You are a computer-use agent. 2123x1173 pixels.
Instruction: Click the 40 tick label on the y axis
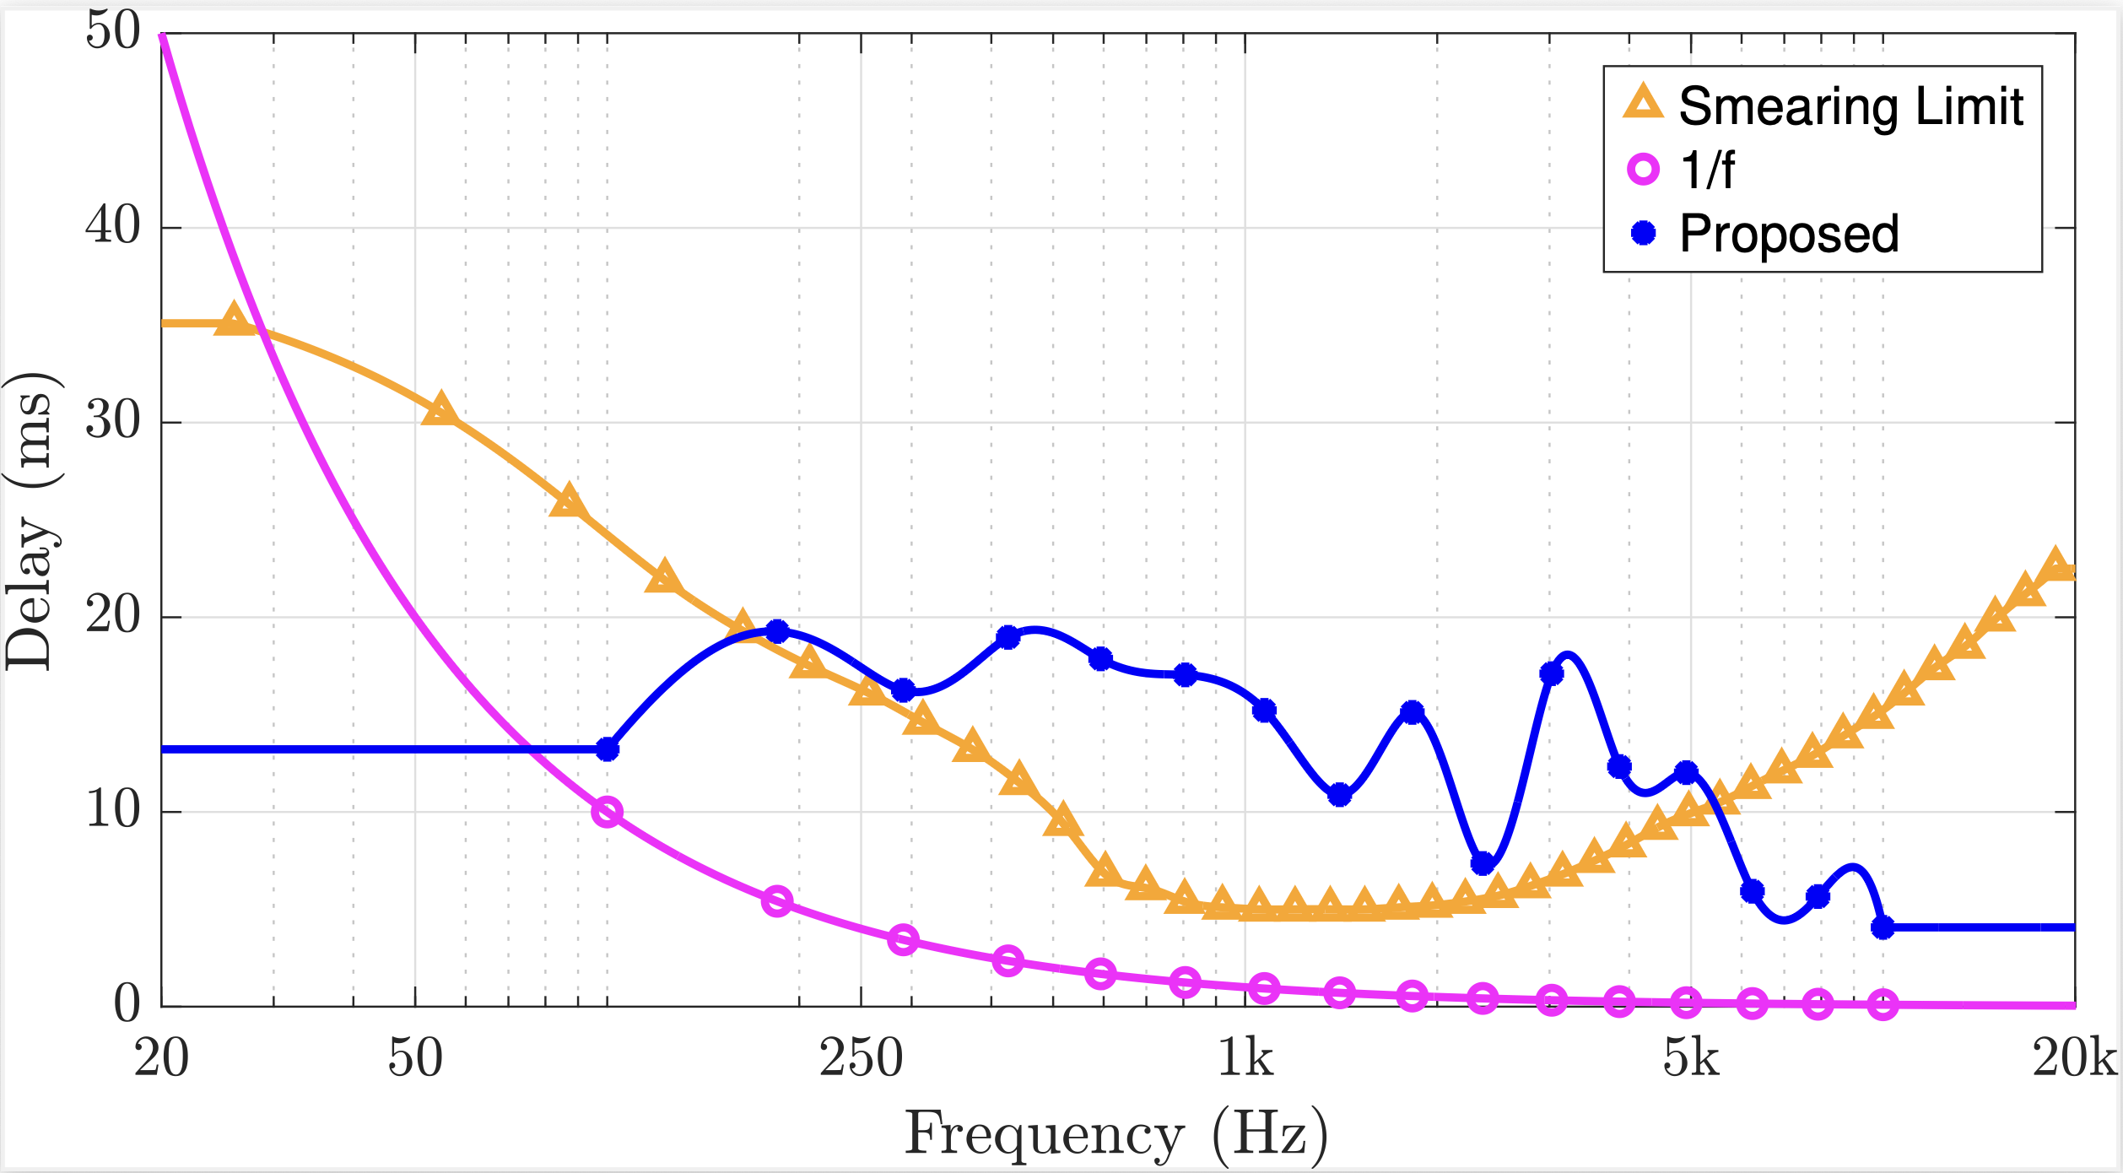[x=113, y=226]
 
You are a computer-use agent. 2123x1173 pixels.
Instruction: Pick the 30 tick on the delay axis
[x=113, y=420]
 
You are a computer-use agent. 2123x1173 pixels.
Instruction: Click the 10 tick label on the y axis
[x=113, y=810]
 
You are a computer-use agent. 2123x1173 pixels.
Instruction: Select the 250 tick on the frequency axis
[x=861, y=1058]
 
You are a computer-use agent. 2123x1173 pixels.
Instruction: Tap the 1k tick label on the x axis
[x=1245, y=1058]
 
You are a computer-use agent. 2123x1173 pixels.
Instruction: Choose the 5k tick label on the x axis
[x=1690, y=1058]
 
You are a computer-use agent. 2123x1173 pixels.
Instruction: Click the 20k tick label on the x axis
[x=2074, y=1058]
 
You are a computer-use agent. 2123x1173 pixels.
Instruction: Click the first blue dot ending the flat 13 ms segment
[x=608, y=749]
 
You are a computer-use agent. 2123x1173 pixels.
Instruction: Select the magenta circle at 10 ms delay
[x=608, y=813]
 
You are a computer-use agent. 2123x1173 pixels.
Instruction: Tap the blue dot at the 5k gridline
[x=1686, y=772]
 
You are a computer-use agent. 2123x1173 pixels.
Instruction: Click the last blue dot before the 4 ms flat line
[x=1883, y=927]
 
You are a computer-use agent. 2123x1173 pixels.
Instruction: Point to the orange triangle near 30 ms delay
[x=440, y=409]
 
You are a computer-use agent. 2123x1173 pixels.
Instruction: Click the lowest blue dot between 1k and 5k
[x=1483, y=863]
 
